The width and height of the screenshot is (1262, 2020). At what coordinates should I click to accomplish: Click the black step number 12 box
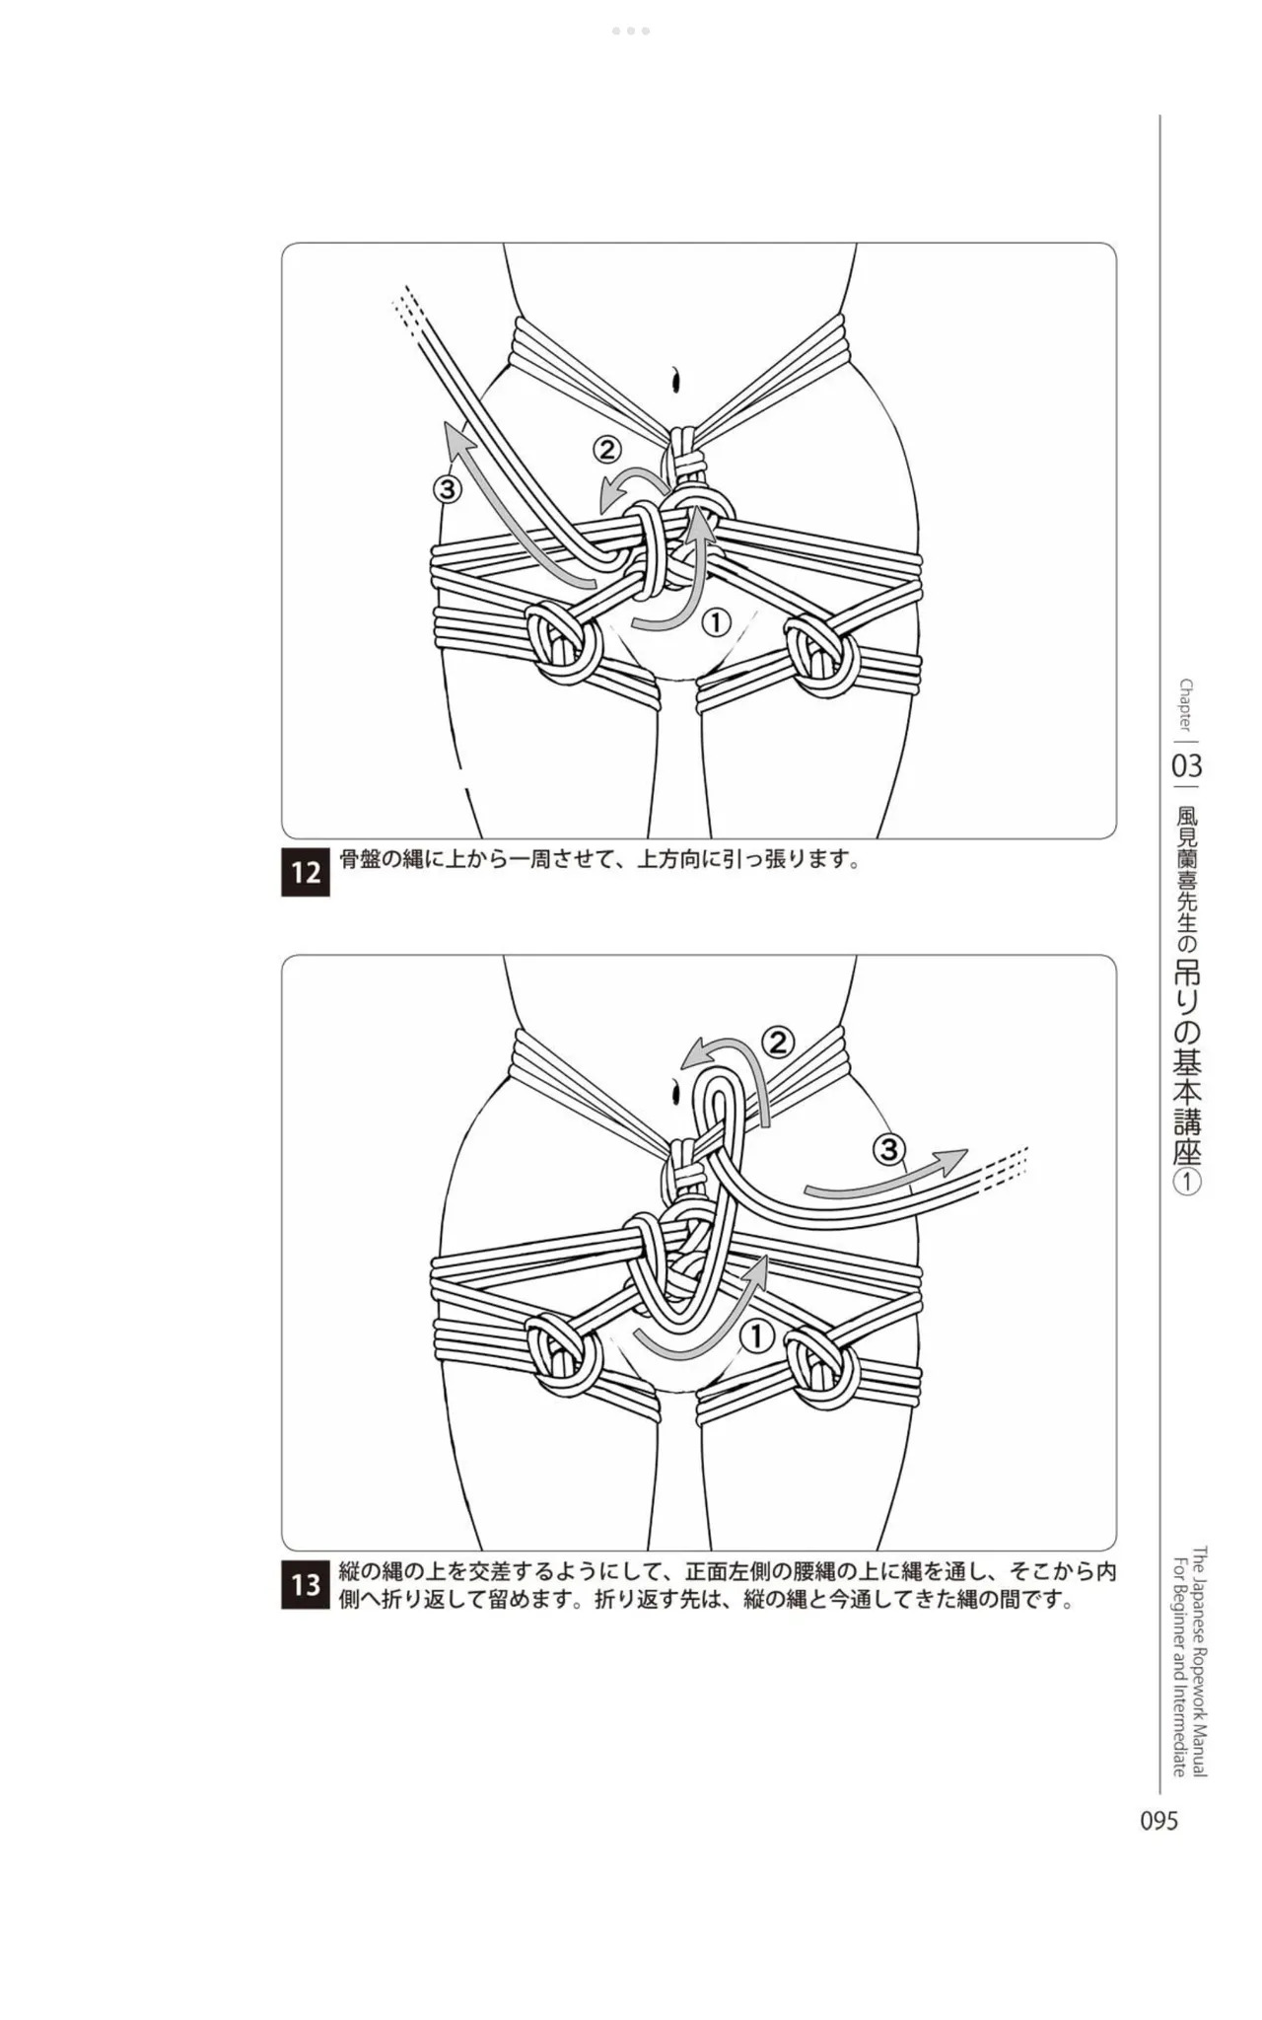[306, 873]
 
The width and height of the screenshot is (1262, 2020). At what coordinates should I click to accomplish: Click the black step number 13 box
[306, 1585]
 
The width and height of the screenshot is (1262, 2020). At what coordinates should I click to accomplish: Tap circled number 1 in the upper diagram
[716, 622]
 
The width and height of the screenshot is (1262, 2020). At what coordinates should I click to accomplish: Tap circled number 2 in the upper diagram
[606, 450]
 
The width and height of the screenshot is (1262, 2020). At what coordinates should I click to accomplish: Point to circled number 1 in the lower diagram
[757, 1336]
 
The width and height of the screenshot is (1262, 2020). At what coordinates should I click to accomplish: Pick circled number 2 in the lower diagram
[778, 1042]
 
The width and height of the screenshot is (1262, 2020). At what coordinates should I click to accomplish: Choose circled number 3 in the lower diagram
[888, 1149]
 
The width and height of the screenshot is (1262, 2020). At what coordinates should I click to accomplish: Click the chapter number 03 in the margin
[1187, 765]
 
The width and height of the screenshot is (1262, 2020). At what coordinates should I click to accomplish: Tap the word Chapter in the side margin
[1185, 704]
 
